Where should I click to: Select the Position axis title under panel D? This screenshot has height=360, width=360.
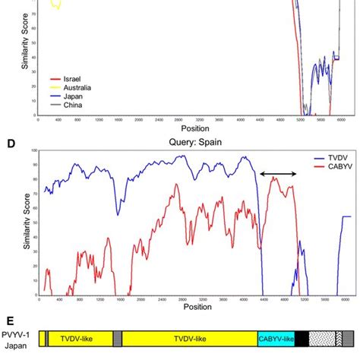(197, 308)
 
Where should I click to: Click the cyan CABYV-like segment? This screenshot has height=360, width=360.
(276, 339)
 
